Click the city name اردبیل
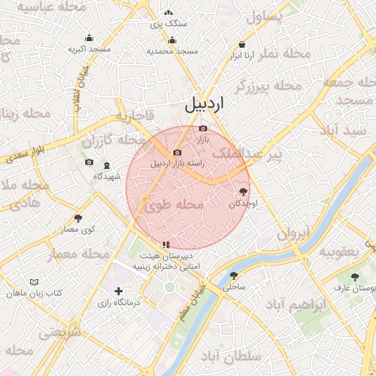(x=203, y=104)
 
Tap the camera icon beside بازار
(x=203, y=129)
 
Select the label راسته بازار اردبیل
(x=176, y=163)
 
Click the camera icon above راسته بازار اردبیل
(x=177, y=152)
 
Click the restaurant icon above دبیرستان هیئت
(x=166, y=245)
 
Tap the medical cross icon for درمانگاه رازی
(x=119, y=292)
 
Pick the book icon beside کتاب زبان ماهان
(x=33, y=282)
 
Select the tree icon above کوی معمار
(x=79, y=218)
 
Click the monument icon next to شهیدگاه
(x=107, y=166)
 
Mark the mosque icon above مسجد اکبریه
(x=90, y=39)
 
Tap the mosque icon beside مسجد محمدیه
(x=173, y=40)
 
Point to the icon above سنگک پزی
(x=169, y=12)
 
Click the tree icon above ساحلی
(x=234, y=276)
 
